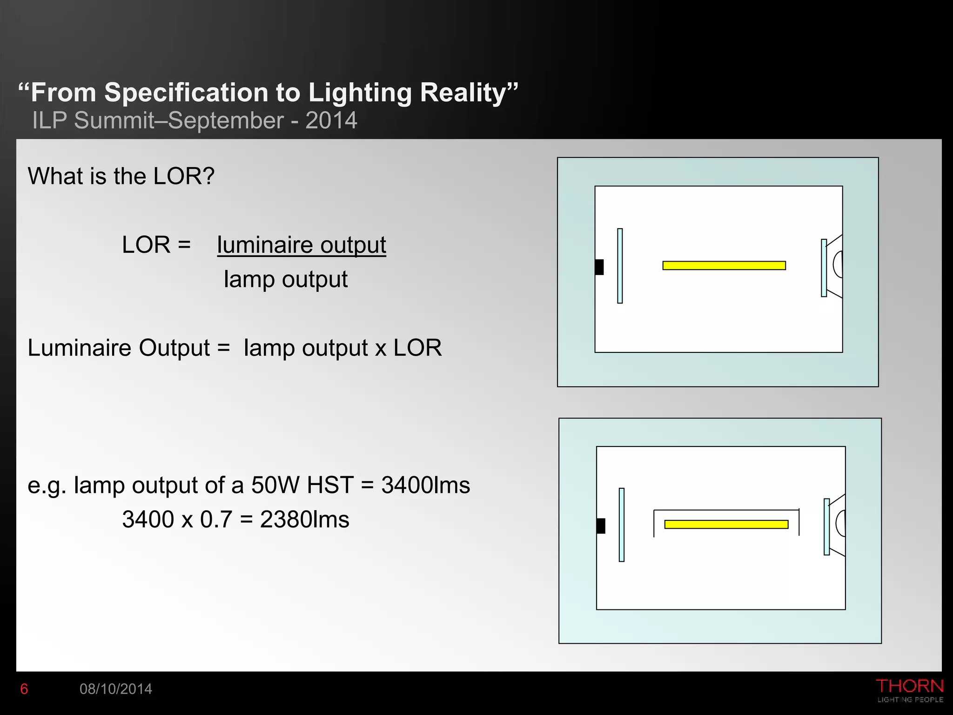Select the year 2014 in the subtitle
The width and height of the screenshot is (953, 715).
click(x=331, y=121)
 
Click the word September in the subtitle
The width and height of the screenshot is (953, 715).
click(x=226, y=121)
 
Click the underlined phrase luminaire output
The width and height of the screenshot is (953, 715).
click(x=302, y=245)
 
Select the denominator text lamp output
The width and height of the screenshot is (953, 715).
click(x=286, y=279)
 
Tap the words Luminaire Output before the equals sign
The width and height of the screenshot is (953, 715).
click(x=119, y=348)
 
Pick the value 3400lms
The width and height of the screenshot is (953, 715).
click(x=425, y=486)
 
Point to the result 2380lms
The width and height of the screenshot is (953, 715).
click(x=304, y=519)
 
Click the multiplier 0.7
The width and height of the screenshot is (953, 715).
click(x=216, y=519)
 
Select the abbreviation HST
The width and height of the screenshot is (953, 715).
click(x=330, y=486)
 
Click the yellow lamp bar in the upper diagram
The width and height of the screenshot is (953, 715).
click(x=724, y=265)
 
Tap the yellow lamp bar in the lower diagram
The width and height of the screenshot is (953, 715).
click(x=726, y=525)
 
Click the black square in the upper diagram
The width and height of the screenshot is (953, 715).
click(x=599, y=267)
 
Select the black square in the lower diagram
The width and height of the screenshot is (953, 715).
click(x=601, y=526)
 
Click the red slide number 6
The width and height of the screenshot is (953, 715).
click(x=24, y=689)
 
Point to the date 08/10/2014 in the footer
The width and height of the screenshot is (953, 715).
click(x=116, y=689)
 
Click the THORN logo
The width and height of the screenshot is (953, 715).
click(x=910, y=687)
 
